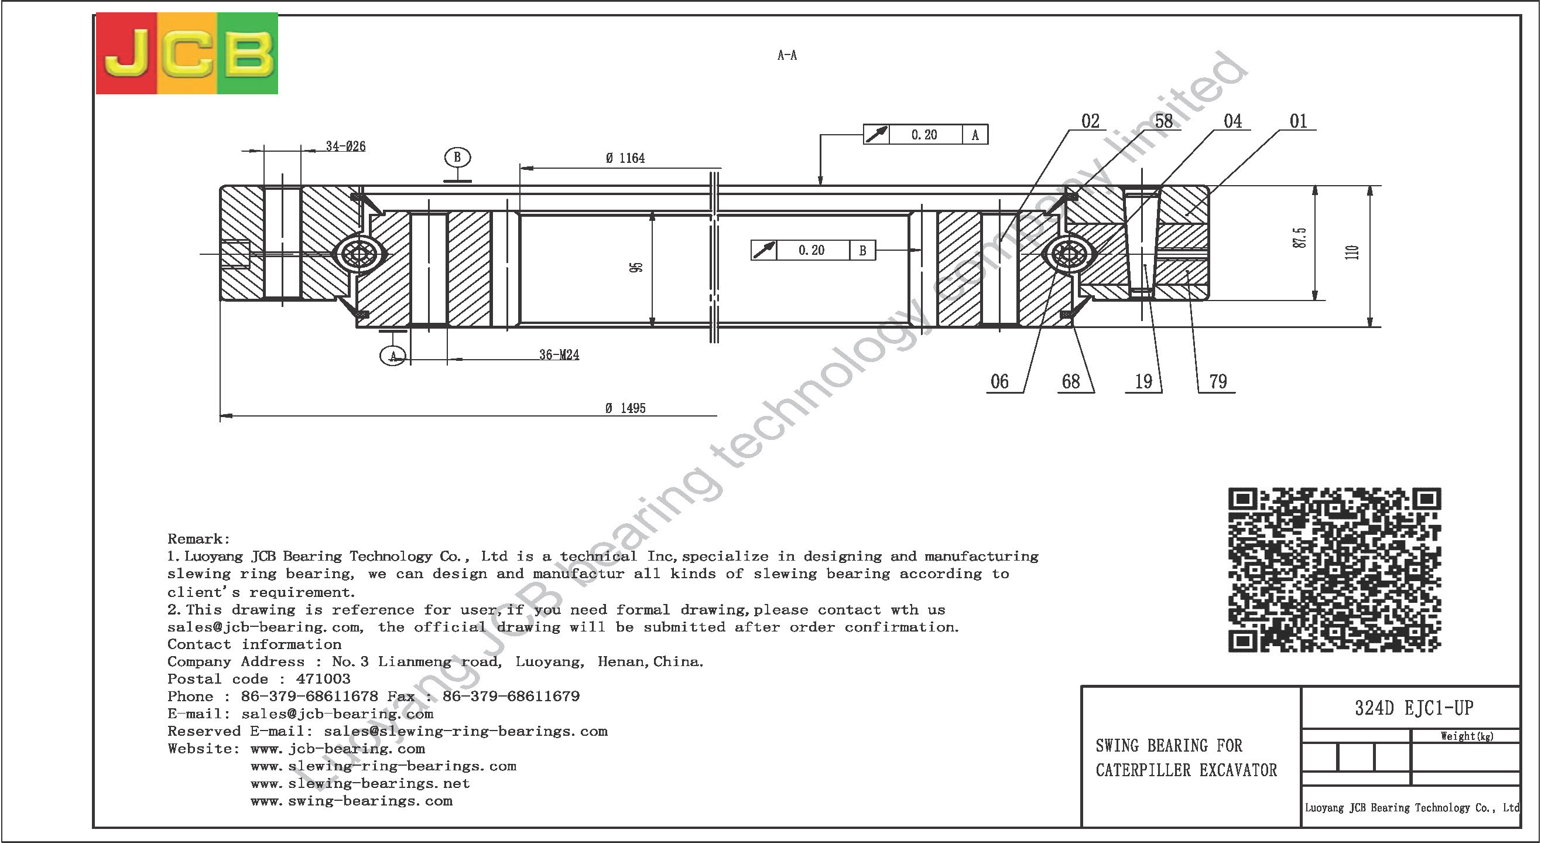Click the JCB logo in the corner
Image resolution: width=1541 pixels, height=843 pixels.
(187, 53)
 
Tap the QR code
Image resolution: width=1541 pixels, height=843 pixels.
(1335, 569)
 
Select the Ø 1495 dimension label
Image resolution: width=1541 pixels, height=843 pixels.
(625, 408)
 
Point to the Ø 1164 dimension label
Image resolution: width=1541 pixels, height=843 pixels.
(625, 158)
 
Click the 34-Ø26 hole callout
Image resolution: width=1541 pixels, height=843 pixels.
(345, 146)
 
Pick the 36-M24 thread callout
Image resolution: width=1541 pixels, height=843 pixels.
(559, 355)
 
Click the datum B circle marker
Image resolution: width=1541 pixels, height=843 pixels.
(458, 158)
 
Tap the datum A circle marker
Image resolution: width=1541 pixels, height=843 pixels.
(393, 356)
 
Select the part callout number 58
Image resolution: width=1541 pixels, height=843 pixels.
(1163, 121)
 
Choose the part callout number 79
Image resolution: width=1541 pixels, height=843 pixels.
(1218, 381)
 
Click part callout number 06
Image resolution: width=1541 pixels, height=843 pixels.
(999, 381)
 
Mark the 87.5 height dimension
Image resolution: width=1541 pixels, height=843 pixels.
(1299, 238)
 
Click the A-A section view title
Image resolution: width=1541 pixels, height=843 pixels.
(787, 55)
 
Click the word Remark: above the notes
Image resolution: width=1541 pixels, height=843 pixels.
(198, 539)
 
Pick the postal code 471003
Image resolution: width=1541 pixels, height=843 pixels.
(323, 679)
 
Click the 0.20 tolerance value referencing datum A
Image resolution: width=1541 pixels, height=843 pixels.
(924, 135)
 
